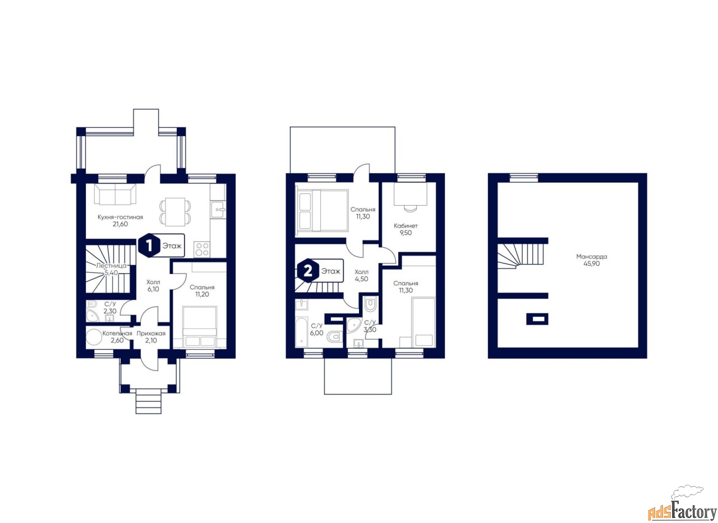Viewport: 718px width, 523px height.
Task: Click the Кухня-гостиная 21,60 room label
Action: (x=120, y=220)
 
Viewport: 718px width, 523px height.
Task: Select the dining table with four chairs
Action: (x=174, y=212)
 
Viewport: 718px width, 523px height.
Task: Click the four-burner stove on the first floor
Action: (x=202, y=249)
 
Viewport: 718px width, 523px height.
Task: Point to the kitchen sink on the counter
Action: (x=218, y=210)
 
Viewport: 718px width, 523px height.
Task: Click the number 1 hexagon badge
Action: (x=149, y=246)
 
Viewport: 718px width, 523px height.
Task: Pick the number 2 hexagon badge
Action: (x=308, y=271)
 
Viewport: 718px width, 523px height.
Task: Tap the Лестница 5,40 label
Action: (x=111, y=269)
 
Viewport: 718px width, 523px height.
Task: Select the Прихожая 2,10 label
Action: (x=151, y=337)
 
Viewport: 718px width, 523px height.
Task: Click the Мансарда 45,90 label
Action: (x=591, y=260)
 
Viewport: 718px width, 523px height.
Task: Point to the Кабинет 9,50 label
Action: (x=406, y=229)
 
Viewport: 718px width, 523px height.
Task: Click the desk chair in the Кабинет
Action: (x=410, y=207)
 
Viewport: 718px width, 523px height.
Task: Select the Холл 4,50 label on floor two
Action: (x=361, y=275)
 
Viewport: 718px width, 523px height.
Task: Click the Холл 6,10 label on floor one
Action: (x=153, y=285)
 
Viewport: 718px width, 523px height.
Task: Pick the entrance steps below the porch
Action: (x=148, y=401)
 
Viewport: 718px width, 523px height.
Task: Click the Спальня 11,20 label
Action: (x=201, y=290)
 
